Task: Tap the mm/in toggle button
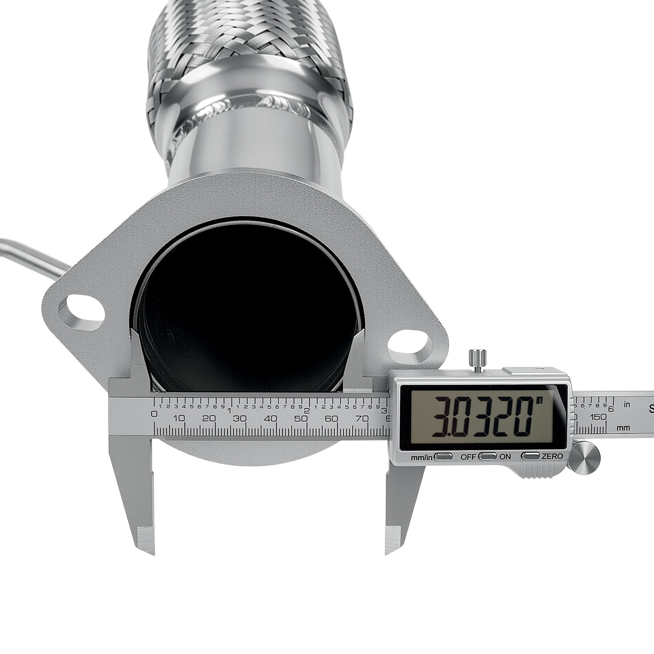(x=443, y=456)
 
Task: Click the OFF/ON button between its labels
(x=488, y=456)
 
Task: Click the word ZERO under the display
(x=552, y=456)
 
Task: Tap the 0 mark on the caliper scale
(x=154, y=414)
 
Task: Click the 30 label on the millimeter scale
(x=240, y=419)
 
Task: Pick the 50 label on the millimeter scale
(x=301, y=419)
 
